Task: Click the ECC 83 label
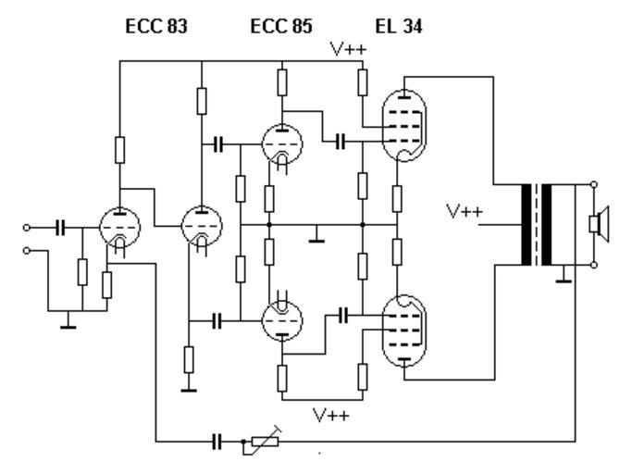coord(157,27)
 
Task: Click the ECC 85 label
coord(281,27)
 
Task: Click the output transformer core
coord(536,223)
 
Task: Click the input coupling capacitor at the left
coord(61,226)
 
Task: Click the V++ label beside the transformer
coord(464,211)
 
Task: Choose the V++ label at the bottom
coord(330,414)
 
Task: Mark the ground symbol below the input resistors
coord(67,323)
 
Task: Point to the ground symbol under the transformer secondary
coord(562,277)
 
